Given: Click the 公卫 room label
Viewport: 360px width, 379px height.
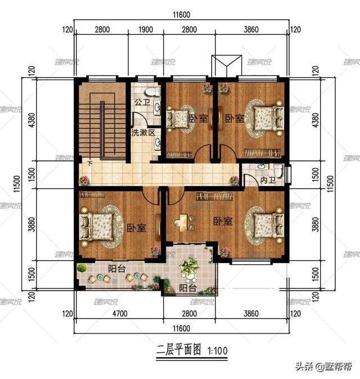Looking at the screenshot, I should [142, 103].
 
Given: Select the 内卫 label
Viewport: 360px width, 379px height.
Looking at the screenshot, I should [268, 181].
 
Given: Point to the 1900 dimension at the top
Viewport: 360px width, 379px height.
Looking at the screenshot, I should [145, 30].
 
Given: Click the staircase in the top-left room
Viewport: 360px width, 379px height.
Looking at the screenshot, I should [101, 124].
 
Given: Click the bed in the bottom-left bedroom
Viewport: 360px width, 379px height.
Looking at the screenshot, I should [101, 228].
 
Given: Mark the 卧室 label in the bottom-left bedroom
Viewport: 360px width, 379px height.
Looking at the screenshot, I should [137, 228].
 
